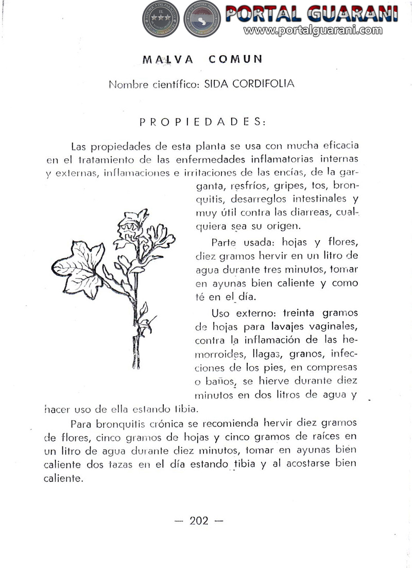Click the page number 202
pyautogui.click(x=199, y=521)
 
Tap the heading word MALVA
pyautogui.click(x=168, y=59)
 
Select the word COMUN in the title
pyautogui.click(x=235, y=59)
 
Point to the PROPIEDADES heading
pyautogui.click(x=202, y=122)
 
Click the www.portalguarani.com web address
pyautogui.click(x=313, y=30)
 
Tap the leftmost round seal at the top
pyautogui.click(x=160, y=19)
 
